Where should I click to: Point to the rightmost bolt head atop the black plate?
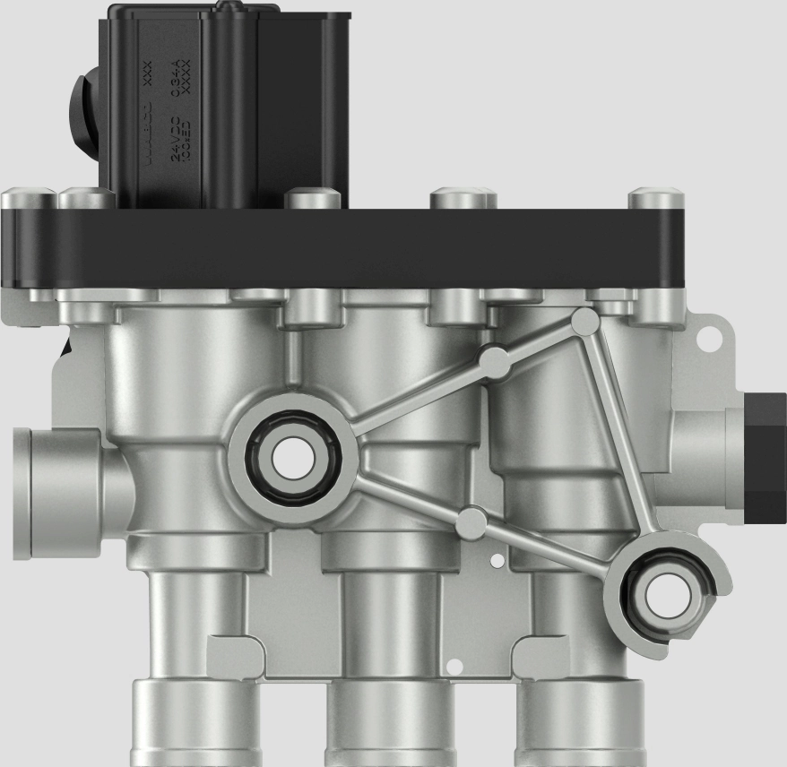(x=655, y=198)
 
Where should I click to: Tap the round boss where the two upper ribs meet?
(x=494, y=361)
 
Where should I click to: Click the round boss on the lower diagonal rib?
(x=471, y=522)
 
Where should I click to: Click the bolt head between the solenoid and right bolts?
(x=463, y=198)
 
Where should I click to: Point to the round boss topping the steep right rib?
(x=584, y=320)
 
